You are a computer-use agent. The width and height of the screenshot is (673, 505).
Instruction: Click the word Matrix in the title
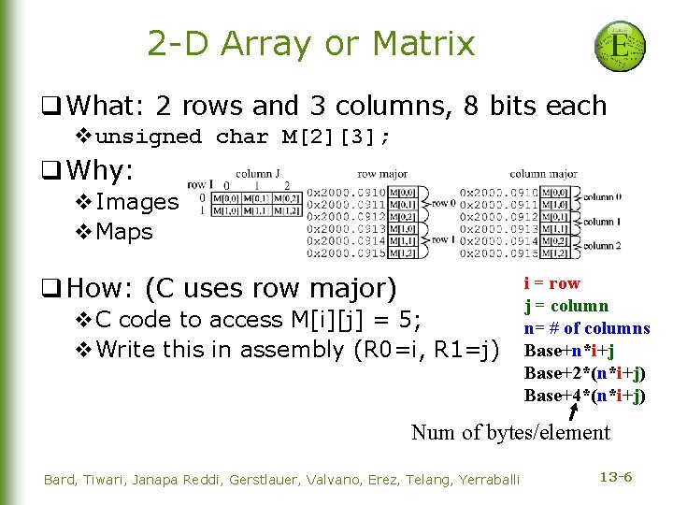click(x=423, y=43)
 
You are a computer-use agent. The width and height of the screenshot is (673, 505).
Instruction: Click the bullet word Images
click(x=136, y=201)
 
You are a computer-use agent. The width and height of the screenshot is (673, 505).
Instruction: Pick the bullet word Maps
click(x=124, y=231)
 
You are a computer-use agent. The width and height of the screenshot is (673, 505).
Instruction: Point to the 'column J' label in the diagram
click(x=258, y=173)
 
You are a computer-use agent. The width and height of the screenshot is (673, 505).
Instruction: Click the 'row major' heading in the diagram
click(x=380, y=173)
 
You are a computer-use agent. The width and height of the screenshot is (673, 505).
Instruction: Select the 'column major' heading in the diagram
click(x=543, y=173)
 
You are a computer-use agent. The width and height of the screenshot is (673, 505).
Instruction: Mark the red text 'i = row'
click(x=551, y=283)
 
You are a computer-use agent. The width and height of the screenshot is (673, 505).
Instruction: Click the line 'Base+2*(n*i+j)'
click(x=584, y=372)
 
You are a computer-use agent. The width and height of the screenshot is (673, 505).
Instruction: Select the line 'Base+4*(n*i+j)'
click(x=584, y=395)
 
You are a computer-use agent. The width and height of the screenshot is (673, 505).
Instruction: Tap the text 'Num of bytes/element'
click(x=510, y=432)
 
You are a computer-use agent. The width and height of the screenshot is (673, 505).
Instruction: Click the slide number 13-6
click(x=616, y=478)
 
